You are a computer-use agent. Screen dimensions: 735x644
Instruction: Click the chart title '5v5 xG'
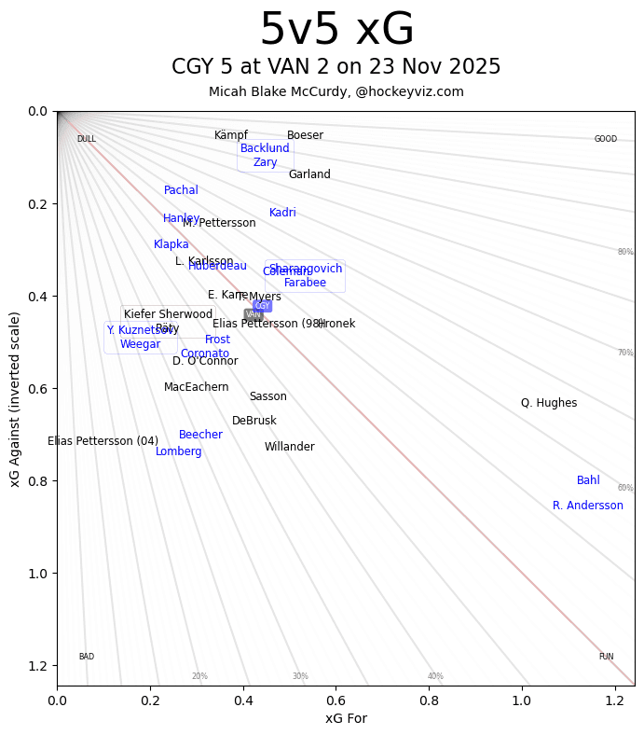(x=336, y=31)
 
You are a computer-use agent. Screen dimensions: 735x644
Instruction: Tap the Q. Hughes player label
(x=549, y=403)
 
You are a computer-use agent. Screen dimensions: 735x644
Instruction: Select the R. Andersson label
(x=588, y=506)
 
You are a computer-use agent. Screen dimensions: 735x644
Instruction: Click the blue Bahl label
(x=588, y=480)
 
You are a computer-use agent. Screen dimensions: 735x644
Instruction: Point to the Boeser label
(x=305, y=135)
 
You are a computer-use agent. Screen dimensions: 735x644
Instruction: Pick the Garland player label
(x=309, y=174)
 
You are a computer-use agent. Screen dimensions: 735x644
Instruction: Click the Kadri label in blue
(x=282, y=213)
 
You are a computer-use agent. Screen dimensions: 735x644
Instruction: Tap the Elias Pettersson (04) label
(x=103, y=441)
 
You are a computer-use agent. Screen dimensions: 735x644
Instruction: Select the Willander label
(x=289, y=447)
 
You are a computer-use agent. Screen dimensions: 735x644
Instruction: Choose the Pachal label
(x=181, y=190)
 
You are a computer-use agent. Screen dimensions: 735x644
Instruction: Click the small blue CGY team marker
(x=263, y=306)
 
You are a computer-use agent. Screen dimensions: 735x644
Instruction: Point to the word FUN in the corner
(x=606, y=657)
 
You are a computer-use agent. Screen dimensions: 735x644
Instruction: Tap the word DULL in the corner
(x=86, y=139)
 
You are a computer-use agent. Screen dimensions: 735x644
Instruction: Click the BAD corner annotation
(x=86, y=657)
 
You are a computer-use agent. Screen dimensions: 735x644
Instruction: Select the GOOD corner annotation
(x=606, y=139)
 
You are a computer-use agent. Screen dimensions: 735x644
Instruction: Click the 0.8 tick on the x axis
(x=430, y=700)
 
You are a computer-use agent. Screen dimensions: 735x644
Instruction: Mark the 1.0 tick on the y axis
(x=37, y=573)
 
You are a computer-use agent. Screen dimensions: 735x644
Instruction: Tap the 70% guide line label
(x=624, y=353)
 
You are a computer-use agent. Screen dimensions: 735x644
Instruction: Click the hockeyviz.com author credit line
(x=336, y=91)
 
